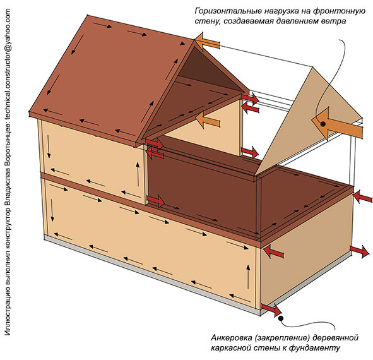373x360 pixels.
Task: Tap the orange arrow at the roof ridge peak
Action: coord(207,42)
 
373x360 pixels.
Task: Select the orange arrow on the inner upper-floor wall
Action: coord(208,119)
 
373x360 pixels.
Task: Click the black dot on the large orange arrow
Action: coord(323,124)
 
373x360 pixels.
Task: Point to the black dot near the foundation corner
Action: coord(281,318)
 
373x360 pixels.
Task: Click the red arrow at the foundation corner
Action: coord(271,309)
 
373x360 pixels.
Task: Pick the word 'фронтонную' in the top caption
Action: coord(339,11)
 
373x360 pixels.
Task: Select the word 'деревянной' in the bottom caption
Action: coord(335,338)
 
